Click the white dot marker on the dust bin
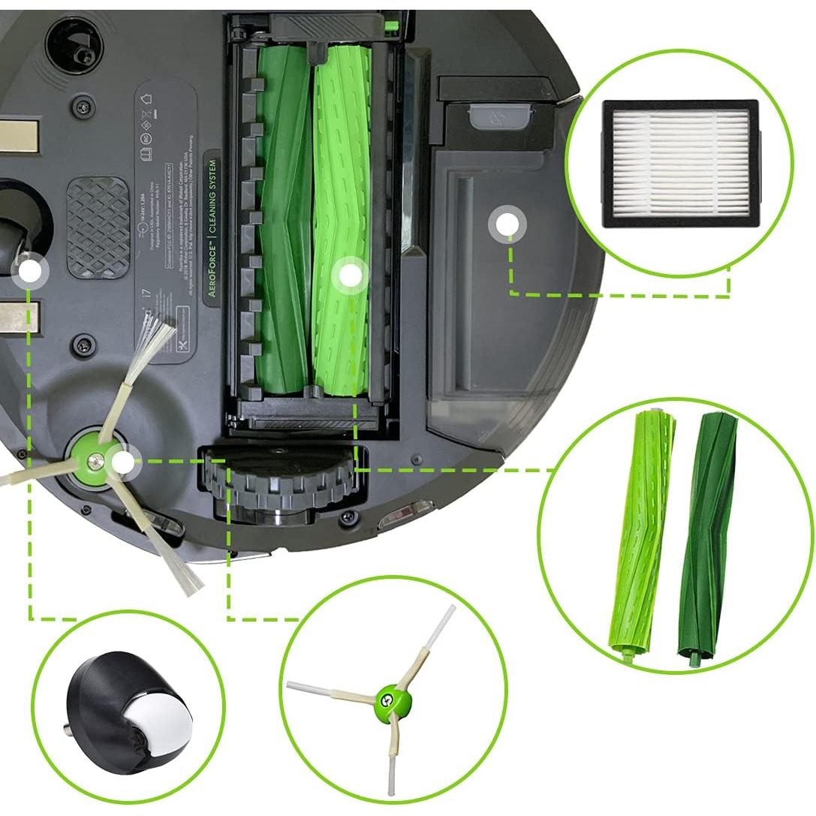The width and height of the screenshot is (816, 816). pyautogui.click(x=507, y=224)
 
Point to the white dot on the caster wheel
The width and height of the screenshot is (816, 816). pyautogui.click(x=29, y=272)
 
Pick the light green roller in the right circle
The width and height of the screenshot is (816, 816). pyautogui.click(x=640, y=534)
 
